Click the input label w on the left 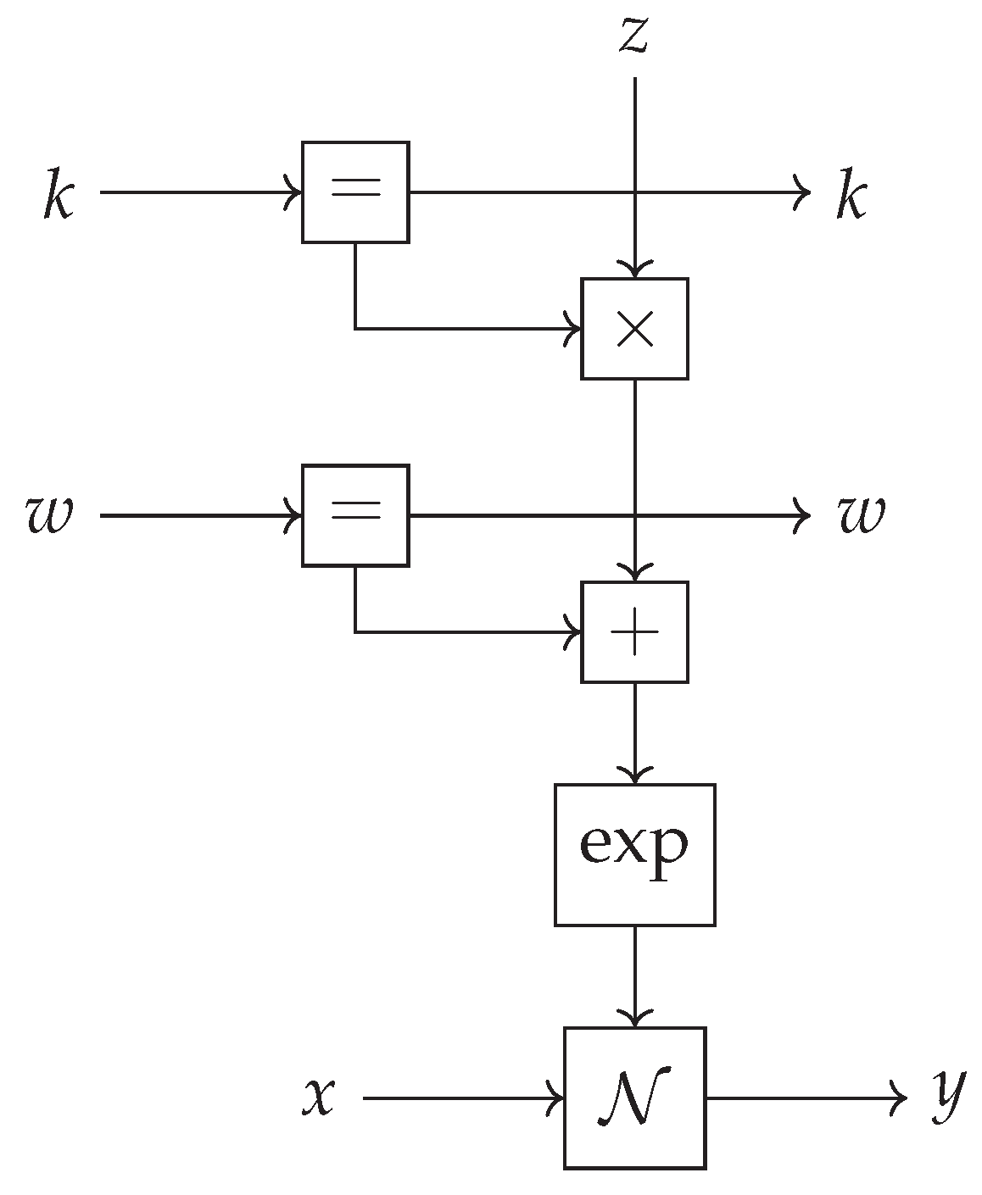tap(49, 515)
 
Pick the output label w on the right tap(862, 515)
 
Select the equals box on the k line tap(355, 192)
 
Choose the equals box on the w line tap(355, 515)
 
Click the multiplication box tap(634, 328)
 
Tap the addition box tap(634, 632)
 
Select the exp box tap(634, 854)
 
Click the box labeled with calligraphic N tap(634, 1098)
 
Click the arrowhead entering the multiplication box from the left tap(574, 328)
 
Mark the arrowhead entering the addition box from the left tap(574, 632)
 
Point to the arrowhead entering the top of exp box tap(634, 776)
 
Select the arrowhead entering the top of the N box tap(634, 1020)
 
